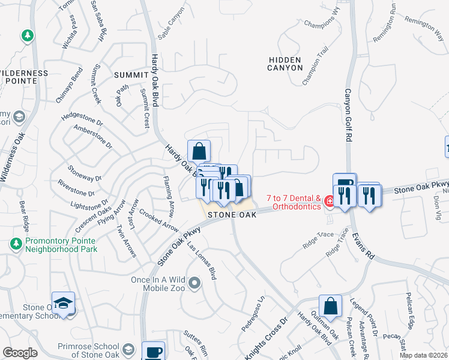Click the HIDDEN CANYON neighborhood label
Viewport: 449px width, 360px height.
click(x=285, y=64)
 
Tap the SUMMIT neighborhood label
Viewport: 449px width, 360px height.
click(x=130, y=74)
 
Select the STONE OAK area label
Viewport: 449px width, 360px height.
click(x=232, y=214)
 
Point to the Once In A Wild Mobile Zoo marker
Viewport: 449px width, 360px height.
click(x=194, y=281)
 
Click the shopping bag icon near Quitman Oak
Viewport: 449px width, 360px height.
click(x=330, y=307)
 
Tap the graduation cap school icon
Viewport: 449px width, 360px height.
click(x=62, y=304)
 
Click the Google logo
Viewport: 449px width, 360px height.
click(x=20, y=353)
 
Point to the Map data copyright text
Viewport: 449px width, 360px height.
click(x=424, y=355)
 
